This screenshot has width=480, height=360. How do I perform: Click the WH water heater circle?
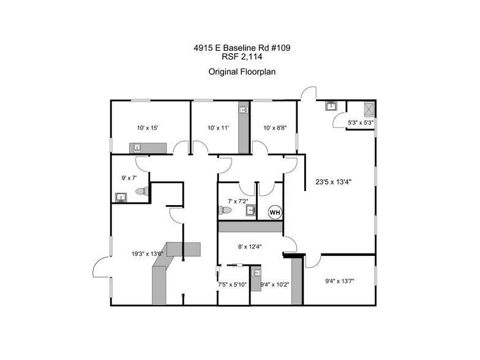[x=275, y=212]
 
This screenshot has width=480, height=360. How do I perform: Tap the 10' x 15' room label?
[x=148, y=128]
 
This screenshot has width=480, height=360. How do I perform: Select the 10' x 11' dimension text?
[x=218, y=128]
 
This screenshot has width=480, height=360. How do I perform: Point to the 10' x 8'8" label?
[x=275, y=128]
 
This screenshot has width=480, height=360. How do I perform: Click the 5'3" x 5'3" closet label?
[x=360, y=122]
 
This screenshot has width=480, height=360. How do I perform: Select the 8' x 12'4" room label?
[x=250, y=247]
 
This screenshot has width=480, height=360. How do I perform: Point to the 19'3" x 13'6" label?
[x=147, y=253]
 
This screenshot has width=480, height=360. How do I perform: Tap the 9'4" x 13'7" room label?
[x=340, y=281]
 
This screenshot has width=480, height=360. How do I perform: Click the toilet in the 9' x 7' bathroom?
[x=140, y=192]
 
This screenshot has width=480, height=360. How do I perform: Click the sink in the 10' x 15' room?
[x=138, y=148]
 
